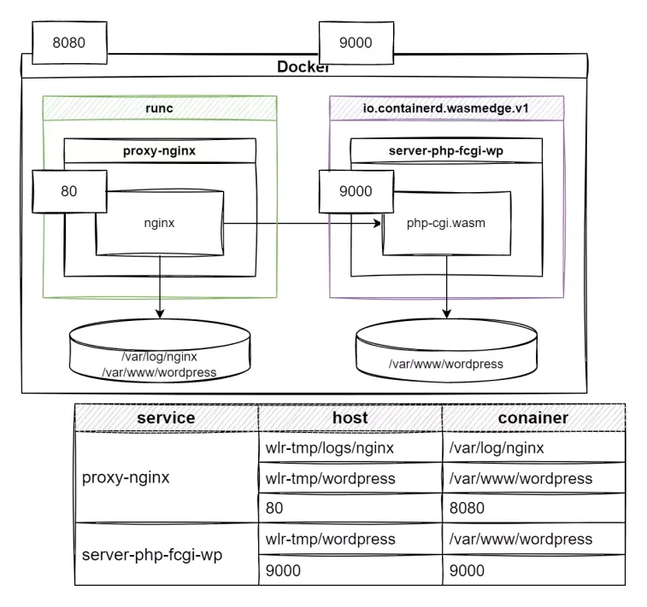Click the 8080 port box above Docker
click(x=69, y=42)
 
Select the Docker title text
click(x=303, y=67)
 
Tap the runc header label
click(x=160, y=108)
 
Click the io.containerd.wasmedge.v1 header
click(x=446, y=108)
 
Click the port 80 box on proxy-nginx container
click(x=69, y=191)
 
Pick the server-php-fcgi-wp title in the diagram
click(x=445, y=151)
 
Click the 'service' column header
click(x=166, y=417)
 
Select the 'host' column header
click(x=350, y=417)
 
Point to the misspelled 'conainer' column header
click(x=532, y=417)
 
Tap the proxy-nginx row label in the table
click(x=126, y=477)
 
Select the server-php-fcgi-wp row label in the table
click(x=152, y=555)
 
